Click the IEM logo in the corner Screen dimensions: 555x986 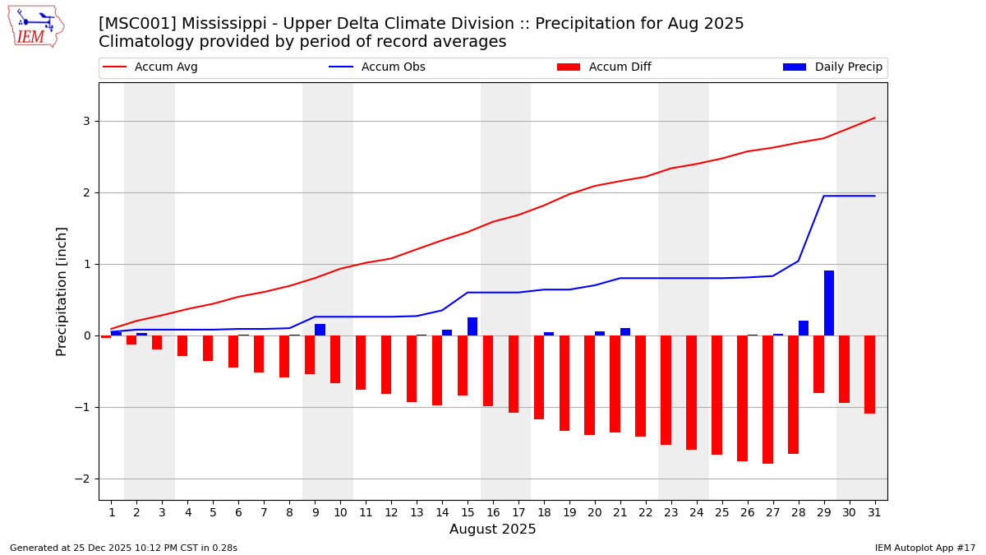click(35, 26)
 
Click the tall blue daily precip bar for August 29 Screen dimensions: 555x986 click(829, 303)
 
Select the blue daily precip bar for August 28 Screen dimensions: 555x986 click(804, 328)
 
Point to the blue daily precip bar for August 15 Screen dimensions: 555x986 click(472, 326)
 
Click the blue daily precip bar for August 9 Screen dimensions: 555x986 click(320, 330)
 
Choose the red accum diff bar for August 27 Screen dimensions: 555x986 click(767, 400)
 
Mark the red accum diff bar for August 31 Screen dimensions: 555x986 click(869, 374)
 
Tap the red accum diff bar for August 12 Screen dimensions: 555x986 click(386, 364)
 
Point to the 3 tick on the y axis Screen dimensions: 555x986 click(85, 121)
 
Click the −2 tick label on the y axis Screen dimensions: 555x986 click(82, 479)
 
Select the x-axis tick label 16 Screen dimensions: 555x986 click(493, 513)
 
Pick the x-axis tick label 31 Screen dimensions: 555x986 click(874, 513)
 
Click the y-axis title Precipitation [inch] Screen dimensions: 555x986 click(62, 291)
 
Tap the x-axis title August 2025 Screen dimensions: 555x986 click(492, 530)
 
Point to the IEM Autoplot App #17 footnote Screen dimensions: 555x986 click(925, 548)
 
